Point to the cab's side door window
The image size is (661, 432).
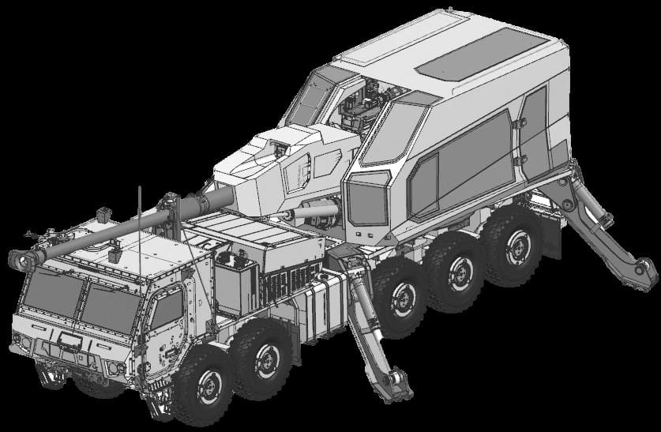click(167, 309)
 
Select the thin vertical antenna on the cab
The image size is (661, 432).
click(140, 229)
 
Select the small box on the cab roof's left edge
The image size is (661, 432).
click(103, 214)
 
